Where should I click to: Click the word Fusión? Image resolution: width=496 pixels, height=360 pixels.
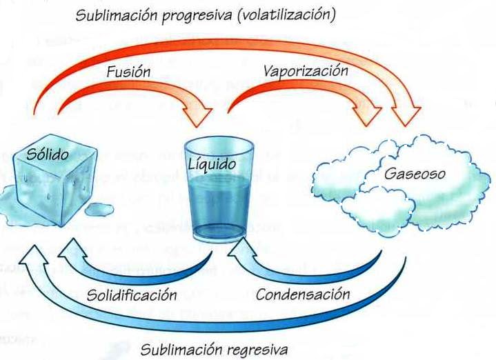click(128, 71)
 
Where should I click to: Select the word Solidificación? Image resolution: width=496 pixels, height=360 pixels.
click(132, 295)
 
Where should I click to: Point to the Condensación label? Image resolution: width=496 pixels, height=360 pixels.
click(303, 294)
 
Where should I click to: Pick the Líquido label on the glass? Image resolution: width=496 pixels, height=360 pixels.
click(212, 166)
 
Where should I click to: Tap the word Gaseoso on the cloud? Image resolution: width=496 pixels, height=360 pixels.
click(406, 173)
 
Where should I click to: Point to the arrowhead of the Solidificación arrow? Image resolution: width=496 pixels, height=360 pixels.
click(71, 247)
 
